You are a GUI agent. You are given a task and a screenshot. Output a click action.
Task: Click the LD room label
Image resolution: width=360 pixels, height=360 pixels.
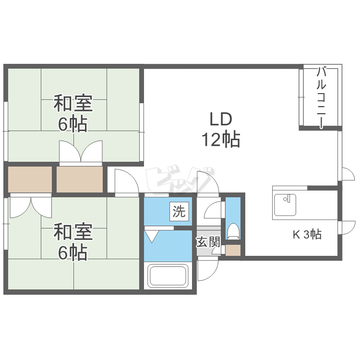click(221, 119)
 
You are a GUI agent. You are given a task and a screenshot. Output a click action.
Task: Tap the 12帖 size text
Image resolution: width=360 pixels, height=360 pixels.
click(221, 139)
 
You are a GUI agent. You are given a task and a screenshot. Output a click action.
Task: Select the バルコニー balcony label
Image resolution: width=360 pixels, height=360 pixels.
click(321, 98)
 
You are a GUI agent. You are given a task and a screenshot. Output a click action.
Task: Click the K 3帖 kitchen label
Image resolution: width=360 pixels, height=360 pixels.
click(307, 234)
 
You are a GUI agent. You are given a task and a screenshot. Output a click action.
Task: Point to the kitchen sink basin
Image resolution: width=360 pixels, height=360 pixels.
click(285, 205)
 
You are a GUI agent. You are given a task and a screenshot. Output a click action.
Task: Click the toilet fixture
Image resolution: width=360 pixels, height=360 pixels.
click(233, 231)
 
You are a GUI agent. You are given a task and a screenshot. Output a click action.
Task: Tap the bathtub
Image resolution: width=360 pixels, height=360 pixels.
click(168, 276)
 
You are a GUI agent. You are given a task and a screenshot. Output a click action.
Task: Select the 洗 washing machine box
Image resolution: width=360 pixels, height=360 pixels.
click(179, 212)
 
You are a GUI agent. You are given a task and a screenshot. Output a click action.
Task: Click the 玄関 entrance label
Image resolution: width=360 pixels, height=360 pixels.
click(208, 242)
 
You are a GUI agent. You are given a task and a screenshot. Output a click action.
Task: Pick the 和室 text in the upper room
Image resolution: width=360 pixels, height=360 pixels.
click(73, 103)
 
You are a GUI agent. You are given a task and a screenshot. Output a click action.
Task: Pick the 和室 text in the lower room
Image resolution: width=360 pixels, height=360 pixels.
click(73, 231)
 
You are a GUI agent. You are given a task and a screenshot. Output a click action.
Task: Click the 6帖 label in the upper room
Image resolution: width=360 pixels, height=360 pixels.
click(72, 124)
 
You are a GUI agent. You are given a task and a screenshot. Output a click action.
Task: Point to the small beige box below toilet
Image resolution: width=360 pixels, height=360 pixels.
click(233, 250)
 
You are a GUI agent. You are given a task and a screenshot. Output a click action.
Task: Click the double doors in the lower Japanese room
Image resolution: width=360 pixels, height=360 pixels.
click(31, 205)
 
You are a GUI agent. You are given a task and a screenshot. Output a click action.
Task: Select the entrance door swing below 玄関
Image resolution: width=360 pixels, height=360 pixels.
click(208, 269)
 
